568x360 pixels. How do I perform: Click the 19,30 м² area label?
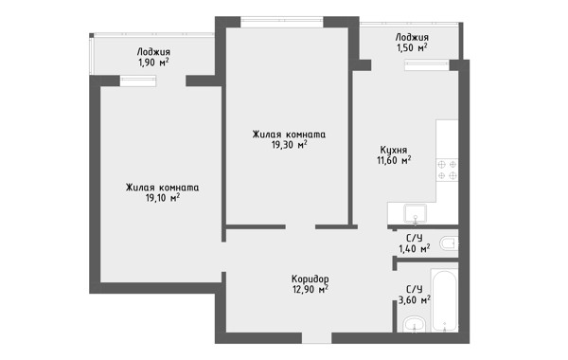289,145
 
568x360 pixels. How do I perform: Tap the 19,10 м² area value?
162,198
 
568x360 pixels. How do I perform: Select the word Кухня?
394,150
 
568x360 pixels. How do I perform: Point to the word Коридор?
311,279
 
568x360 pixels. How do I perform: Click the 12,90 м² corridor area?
311,289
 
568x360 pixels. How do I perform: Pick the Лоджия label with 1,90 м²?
153,52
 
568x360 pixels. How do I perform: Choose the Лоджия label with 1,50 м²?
412,37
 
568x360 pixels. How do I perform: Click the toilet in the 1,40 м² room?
449,243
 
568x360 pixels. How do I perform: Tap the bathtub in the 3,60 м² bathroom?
444,299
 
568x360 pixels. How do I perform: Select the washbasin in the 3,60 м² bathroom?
415,324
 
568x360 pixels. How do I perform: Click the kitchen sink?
416,213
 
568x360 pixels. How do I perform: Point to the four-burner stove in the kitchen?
447,170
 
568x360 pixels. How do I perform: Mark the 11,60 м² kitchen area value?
394,160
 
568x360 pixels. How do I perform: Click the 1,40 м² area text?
415,248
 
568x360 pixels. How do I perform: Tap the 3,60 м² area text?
415,299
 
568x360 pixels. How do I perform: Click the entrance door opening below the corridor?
317,338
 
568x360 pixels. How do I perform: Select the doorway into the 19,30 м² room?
300,227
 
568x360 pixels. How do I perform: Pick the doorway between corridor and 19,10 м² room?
223,257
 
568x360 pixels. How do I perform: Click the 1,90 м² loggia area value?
153,63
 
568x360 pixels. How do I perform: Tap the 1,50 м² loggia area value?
412,47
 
